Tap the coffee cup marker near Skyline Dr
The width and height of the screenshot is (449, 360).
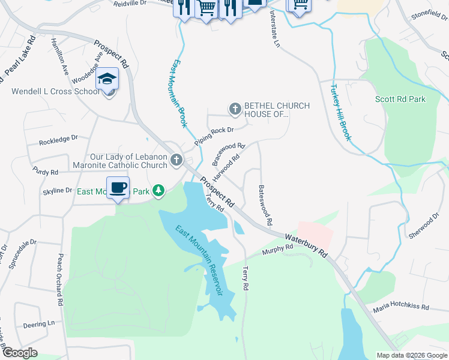pyautogui.click(x=118, y=187)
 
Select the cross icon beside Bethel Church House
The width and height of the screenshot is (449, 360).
pyautogui.click(x=235, y=109)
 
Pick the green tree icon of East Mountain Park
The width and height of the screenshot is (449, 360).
pyautogui.click(x=158, y=191)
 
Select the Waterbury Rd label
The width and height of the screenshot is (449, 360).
pyautogui.click(x=307, y=245)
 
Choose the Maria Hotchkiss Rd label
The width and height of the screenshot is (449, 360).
pyautogui.click(x=401, y=308)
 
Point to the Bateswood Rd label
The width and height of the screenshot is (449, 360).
pyautogui.click(x=265, y=205)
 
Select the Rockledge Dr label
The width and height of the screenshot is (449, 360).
pyautogui.click(x=59, y=142)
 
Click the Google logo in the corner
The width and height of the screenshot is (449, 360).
pyautogui.click(x=20, y=352)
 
